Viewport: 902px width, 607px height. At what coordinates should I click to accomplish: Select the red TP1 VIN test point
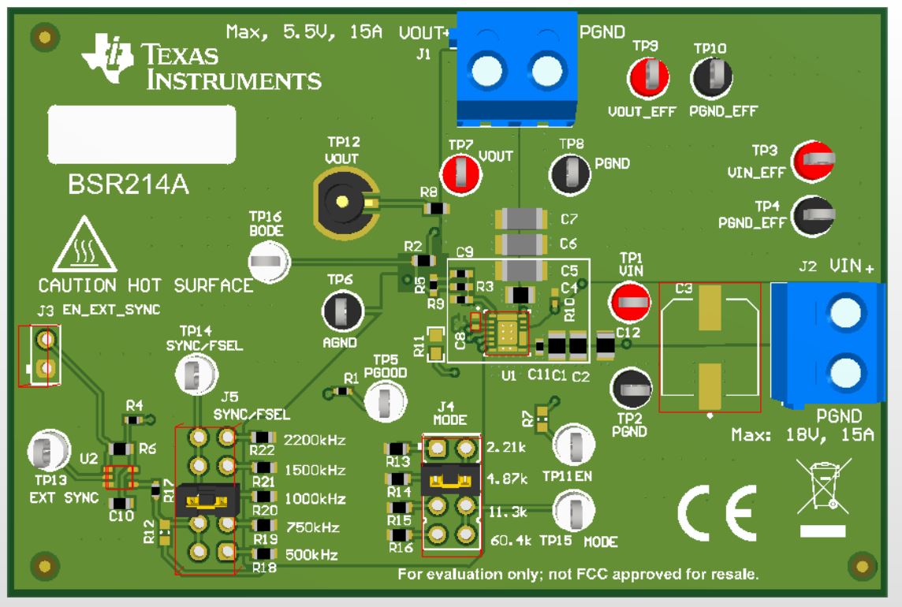[x=630, y=301]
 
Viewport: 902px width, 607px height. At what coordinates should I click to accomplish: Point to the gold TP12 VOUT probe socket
[x=344, y=201]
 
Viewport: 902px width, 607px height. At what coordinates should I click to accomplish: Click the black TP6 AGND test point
[x=342, y=311]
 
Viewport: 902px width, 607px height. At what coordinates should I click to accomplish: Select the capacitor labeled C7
[x=520, y=218]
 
